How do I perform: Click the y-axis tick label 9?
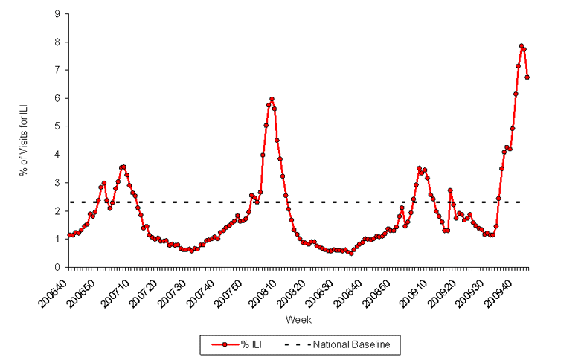point(57,13)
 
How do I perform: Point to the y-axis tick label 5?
point(57,126)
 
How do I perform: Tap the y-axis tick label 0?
point(57,267)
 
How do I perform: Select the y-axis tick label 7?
point(57,70)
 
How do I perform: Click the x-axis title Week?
point(298,319)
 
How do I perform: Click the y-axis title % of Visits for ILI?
point(25,141)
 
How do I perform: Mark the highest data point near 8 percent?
point(522,45)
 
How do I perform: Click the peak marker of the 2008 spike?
point(272,99)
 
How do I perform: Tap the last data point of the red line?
point(527,77)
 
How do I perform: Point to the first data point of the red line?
point(69,235)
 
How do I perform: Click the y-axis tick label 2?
point(57,210)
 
